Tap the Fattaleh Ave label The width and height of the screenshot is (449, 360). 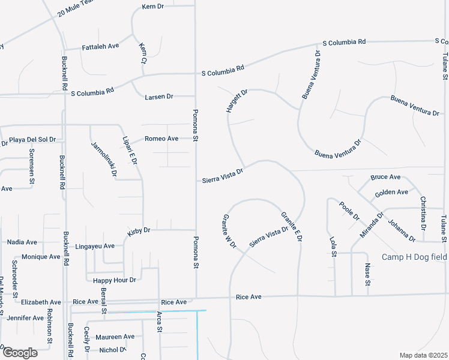(101, 46)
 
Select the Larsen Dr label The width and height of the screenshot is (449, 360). (159, 96)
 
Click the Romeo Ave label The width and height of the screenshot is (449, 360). (161, 139)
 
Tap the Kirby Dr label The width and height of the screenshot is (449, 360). (138, 230)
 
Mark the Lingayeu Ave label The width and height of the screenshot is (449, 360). (95, 246)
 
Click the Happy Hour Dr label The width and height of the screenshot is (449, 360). (115, 280)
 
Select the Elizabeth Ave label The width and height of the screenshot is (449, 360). (41, 302)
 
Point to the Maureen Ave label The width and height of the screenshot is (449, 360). (115, 337)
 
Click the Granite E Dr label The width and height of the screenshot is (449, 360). (291, 227)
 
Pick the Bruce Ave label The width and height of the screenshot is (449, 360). (385, 177)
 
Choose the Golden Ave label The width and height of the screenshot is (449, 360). (391, 193)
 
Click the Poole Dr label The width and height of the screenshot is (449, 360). (349, 211)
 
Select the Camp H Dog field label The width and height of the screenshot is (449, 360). (414, 257)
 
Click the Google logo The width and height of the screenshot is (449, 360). (19, 352)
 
